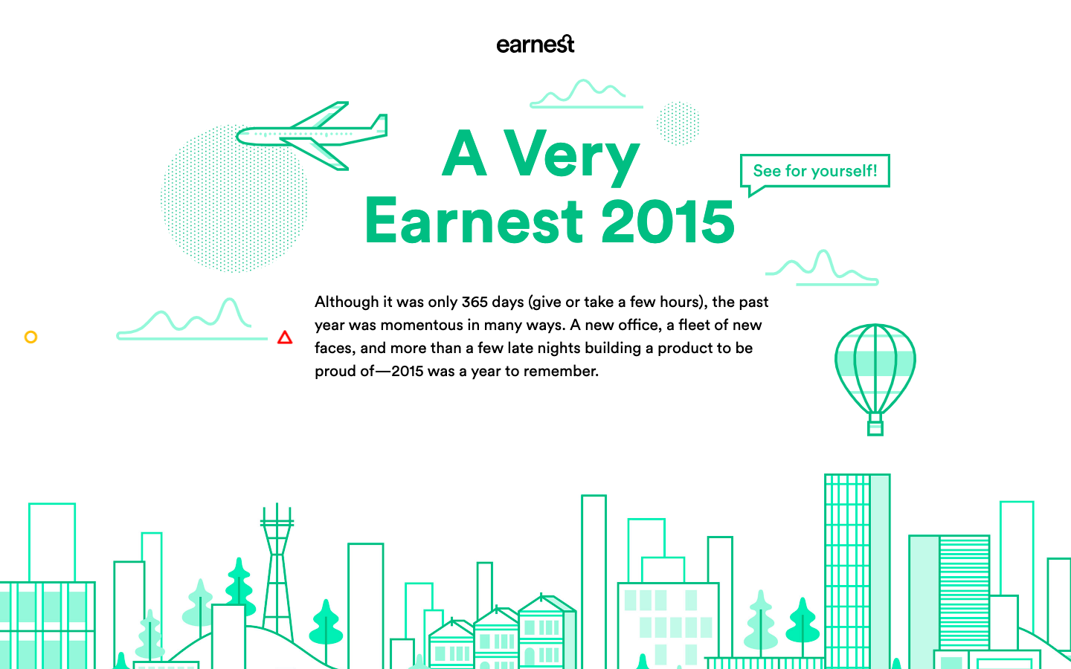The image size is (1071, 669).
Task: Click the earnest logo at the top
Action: (535, 45)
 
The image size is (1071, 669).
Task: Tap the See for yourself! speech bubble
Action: (814, 171)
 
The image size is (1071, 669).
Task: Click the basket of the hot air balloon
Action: (875, 427)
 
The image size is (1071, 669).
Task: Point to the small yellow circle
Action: (30, 337)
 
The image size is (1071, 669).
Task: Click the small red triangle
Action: (285, 338)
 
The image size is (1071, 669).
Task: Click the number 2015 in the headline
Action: (667, 222)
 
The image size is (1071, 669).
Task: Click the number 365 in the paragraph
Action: (474, 302)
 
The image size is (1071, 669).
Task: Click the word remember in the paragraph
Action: (563, 371)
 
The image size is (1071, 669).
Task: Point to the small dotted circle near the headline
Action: (678, 123)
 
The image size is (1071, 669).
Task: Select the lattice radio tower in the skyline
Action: (277, 572)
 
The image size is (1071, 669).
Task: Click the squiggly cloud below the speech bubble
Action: (822, 269)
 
